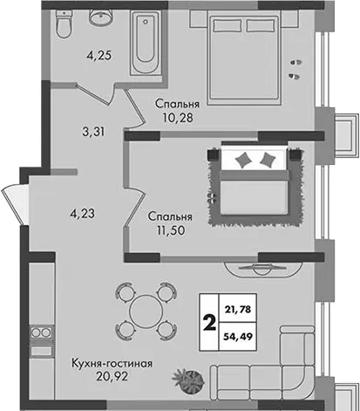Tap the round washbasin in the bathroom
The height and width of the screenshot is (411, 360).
(x=100, y=16)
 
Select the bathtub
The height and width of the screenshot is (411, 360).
(x=146, y=42)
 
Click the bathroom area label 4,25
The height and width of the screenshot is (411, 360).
(x=99, y=55)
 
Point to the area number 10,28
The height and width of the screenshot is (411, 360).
(x=178, y=118)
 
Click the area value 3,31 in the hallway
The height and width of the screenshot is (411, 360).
(x=93, y=132)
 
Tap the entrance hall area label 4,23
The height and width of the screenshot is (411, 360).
(x=83, y=214)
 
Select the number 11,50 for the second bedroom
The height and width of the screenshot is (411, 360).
(x=171, y=230)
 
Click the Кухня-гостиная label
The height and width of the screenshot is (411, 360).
(x=112, y=364)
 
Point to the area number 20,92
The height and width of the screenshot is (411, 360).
(x=112, y=377)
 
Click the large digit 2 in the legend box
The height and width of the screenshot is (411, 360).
(x=209, y=323)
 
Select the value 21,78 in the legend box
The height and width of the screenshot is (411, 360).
(x=238, y=309)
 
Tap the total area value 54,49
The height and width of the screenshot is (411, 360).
(x=238, y=336)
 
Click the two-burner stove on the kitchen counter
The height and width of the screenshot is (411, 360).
(x=42, y=332)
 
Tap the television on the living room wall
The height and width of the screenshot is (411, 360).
(x=263, y=269)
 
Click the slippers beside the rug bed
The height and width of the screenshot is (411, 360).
(x=213, y=199)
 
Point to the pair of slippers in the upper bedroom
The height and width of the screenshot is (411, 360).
(x=295, y=70)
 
